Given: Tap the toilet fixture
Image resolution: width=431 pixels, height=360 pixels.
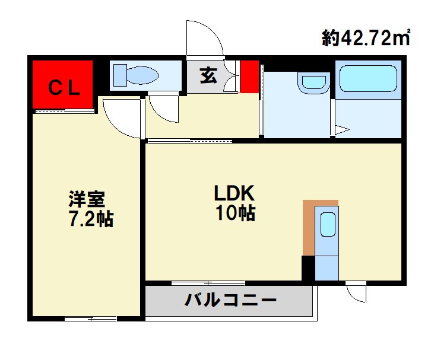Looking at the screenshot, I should pyautogui.click(x=136, y=75).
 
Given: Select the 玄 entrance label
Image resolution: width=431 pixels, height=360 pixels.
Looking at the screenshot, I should pyautogui.click(x=208, y=76).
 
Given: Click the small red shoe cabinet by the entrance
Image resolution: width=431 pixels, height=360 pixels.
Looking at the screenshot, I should pyautogui.click(x=249, y=76).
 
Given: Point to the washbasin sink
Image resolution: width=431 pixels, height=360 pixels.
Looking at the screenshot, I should pyautogui.click(x=314, y=82).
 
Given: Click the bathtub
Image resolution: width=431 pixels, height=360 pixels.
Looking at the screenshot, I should pyautogui.click(x=368, y=78).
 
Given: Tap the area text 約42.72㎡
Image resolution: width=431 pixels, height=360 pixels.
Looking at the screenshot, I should pyautogui.click(x=367, y=39).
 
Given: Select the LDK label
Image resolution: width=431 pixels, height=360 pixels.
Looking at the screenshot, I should pyautogui.click(x=234, y=193).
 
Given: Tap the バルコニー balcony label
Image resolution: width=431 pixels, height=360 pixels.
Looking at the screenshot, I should pyautogui.click(x=230, y=300).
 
